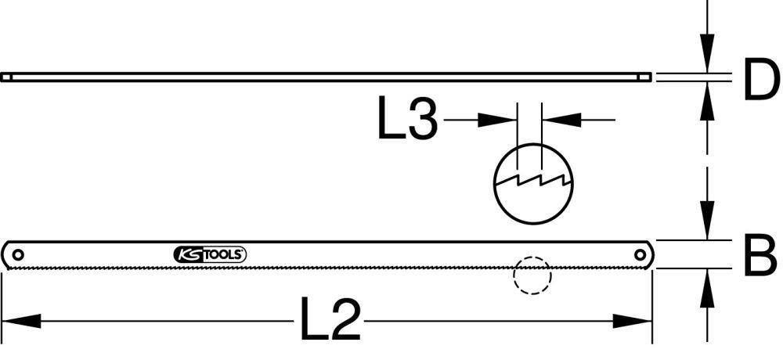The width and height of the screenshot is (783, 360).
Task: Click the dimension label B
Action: point(759,256)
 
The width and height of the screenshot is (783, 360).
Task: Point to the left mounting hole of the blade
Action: point(17,254)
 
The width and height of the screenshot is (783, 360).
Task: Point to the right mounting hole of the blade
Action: point(640,254)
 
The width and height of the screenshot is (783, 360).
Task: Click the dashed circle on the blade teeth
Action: point(532,275)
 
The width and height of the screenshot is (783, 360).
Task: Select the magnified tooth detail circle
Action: point(532,182)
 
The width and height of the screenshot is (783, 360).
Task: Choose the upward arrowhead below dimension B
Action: point(709,286)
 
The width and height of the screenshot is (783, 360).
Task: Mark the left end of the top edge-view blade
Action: point(6,77)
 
